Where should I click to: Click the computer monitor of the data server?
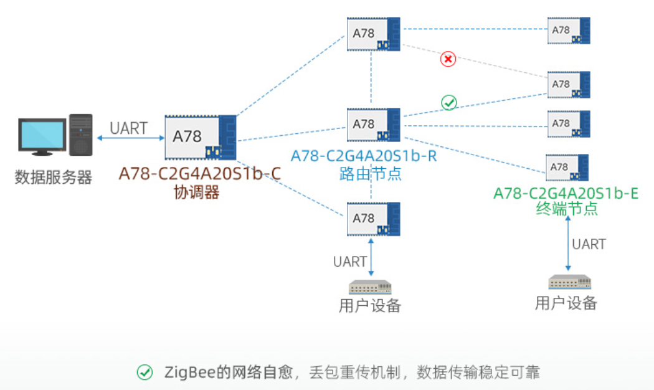coord(41,135)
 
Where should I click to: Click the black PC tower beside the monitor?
coord(80,135)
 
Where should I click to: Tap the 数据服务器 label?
coord(54,178)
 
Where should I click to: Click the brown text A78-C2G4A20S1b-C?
coord(199,174)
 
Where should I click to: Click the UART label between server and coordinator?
coord(128,128)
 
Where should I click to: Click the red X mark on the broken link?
coord(448,59)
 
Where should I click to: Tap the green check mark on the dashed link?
coord(449,103)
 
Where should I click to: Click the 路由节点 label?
coord(371,173)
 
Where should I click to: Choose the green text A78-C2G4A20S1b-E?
coord(566,193)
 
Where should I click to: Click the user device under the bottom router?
coord(370,287)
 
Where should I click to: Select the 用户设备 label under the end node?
coord(566,303)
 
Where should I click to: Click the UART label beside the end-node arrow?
coord(589,244)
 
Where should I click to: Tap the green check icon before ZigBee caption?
coord(145,373)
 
